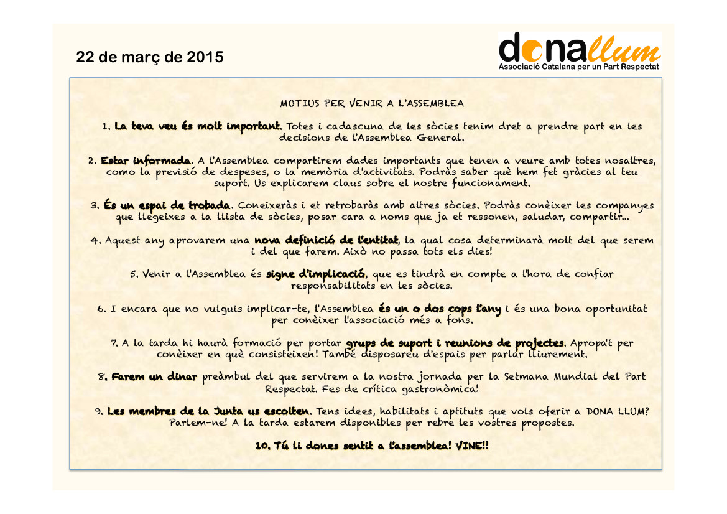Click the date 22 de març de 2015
tap(149, 57)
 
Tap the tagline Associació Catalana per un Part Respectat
tap(579, 66)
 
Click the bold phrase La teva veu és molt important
tap(197, 126)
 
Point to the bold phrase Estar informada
tap(147, 161)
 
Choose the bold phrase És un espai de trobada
tap(168, 205)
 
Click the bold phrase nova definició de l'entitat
tap(326, 240)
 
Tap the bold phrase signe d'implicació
tap(316, 274)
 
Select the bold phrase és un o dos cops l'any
tap(440, 309)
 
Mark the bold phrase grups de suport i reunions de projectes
tap(456, 343)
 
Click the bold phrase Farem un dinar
tap(154, 376)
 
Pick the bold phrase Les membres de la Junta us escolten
tap(209, 411)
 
